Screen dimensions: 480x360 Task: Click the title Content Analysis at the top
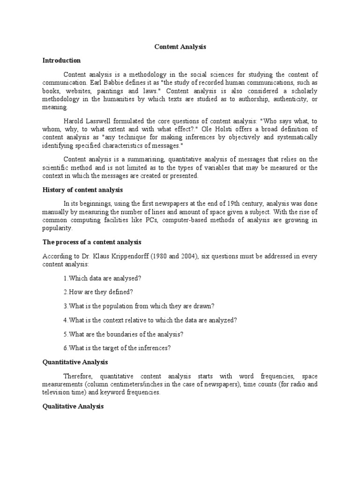[x=180, y=47]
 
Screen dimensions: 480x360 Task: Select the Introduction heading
[x=61, y=60]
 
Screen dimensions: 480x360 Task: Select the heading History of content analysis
[x=82, y=190]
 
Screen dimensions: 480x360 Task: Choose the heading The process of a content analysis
[x=92, y=242]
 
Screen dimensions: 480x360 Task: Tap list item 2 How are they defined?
[x=98, y=292]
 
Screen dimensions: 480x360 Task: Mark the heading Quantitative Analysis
[x=75, y=362]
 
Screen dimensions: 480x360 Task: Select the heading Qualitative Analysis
[x=73, y=406]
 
